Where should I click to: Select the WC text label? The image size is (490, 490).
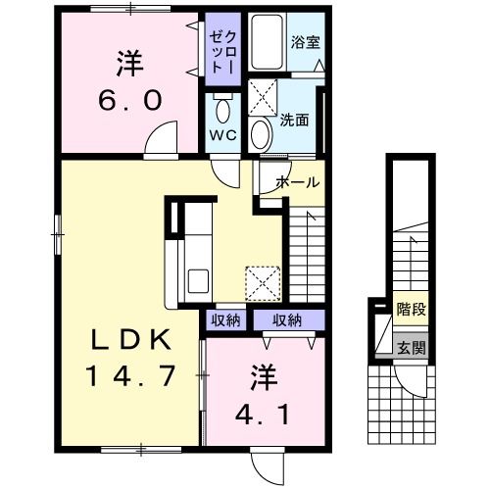point(219,136)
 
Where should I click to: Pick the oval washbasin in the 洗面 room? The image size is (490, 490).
point(261,132)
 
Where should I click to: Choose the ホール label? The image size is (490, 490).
point(296,182)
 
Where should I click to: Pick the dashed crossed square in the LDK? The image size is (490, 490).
point(263,283)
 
